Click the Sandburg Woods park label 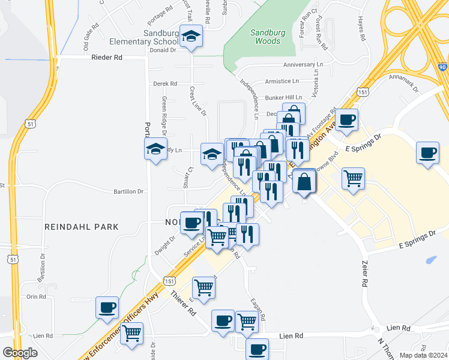(x=265, y=37)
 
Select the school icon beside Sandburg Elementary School (x=191, y=37)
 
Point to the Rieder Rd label (x=107, y=58)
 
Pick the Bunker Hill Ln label (x=285, y=97)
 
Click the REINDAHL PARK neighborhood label (x=82, y=227)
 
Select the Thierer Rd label (x=183, y=303)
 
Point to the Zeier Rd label (x=364, y=273)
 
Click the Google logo (x=20, y=353)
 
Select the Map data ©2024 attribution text (x=423, y=355)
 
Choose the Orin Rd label (x=36, y=296)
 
